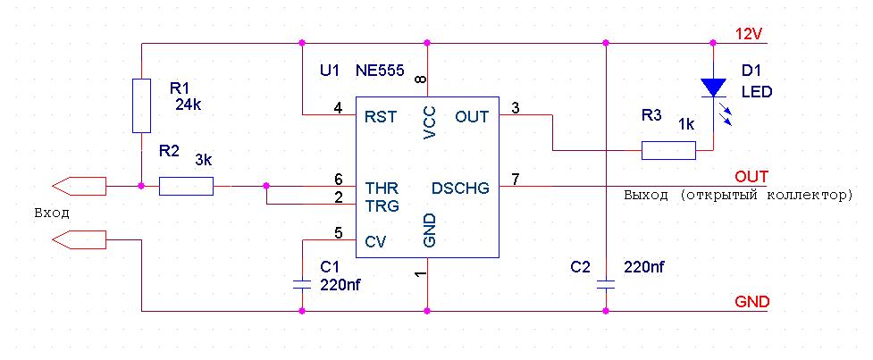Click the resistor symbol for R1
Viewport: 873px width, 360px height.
point(141,105)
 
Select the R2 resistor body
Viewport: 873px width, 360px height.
point(186,186)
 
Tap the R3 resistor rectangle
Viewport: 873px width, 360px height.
point(668,150)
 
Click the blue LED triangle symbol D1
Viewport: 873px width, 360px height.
point(713,88)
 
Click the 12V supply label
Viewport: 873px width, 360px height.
point(748,35)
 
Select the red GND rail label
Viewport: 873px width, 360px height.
point(751,302)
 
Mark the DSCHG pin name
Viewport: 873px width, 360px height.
point(460,188)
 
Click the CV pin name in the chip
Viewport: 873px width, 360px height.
point(374,241)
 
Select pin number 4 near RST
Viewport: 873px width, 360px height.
point(338,108)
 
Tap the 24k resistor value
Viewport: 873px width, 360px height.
point(189,104)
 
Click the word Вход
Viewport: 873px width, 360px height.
point(52,213)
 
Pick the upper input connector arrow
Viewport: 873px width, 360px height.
point(79,186)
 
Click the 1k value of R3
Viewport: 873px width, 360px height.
point(685,123)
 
